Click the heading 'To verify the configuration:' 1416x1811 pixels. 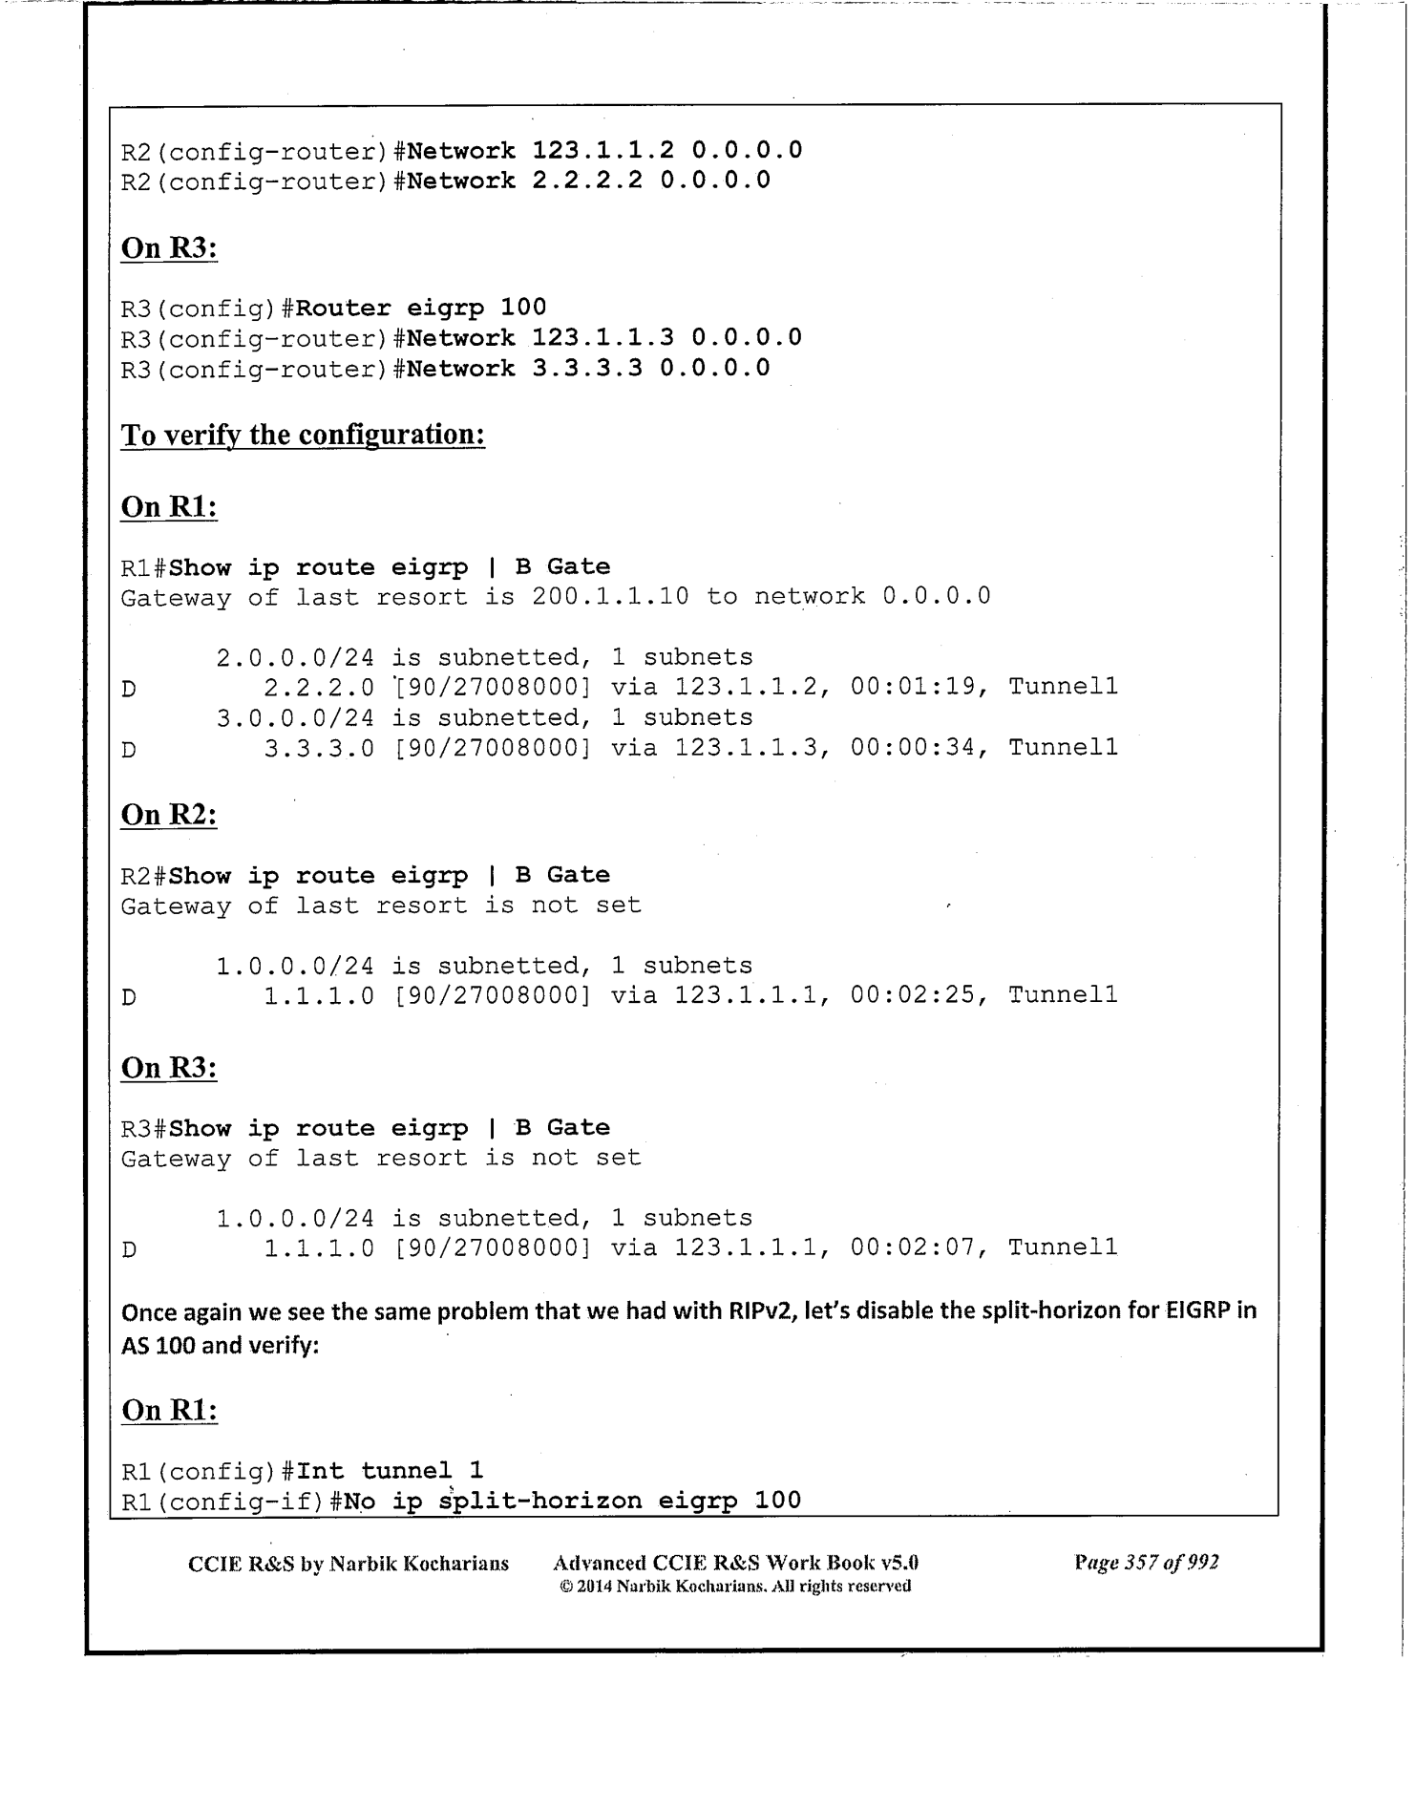point(303,436)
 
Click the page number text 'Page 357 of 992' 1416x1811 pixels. point(1146,1563)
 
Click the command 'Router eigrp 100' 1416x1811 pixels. point(421,308)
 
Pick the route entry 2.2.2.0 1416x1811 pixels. point(319,687)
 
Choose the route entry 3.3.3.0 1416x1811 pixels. point(319,747)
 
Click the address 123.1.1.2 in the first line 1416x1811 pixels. point(603,150)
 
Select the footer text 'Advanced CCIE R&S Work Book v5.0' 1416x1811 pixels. point(735,1564)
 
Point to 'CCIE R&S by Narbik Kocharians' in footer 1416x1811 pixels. point(349,1564)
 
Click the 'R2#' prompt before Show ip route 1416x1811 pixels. point(143,876)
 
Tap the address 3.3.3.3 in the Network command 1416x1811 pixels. point(587,369)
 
